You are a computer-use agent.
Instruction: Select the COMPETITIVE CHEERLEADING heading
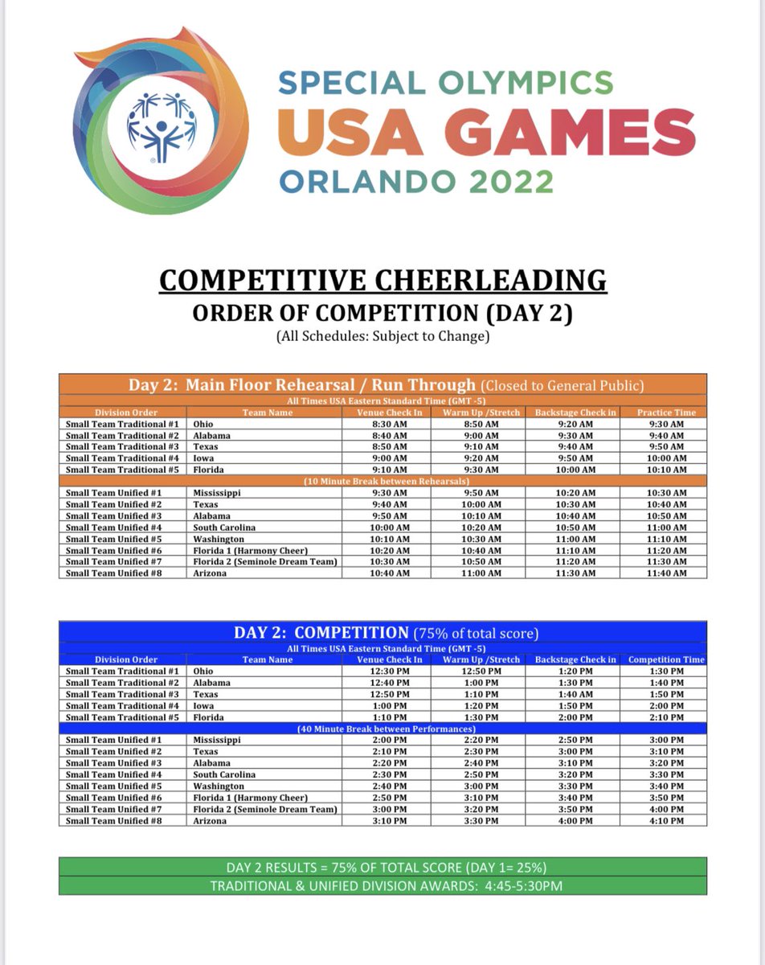(382, 280)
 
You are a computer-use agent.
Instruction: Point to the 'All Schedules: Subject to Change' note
(382, 336)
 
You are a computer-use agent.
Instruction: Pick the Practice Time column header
(666, 413)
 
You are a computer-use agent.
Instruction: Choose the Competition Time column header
(666, 659)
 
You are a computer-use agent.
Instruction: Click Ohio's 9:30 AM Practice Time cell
(666, 424)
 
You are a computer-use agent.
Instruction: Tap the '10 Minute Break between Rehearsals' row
(382, 481)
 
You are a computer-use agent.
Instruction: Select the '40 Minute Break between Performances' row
(382, 729)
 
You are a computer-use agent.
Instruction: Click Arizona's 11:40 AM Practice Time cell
(666, 573)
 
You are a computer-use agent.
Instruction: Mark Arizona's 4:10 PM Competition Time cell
(666, 821)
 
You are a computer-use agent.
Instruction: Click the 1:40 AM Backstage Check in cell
(575, 694)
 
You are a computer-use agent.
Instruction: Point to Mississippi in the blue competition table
(218, 740)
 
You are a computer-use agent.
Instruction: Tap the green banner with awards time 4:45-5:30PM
(382, 885)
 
